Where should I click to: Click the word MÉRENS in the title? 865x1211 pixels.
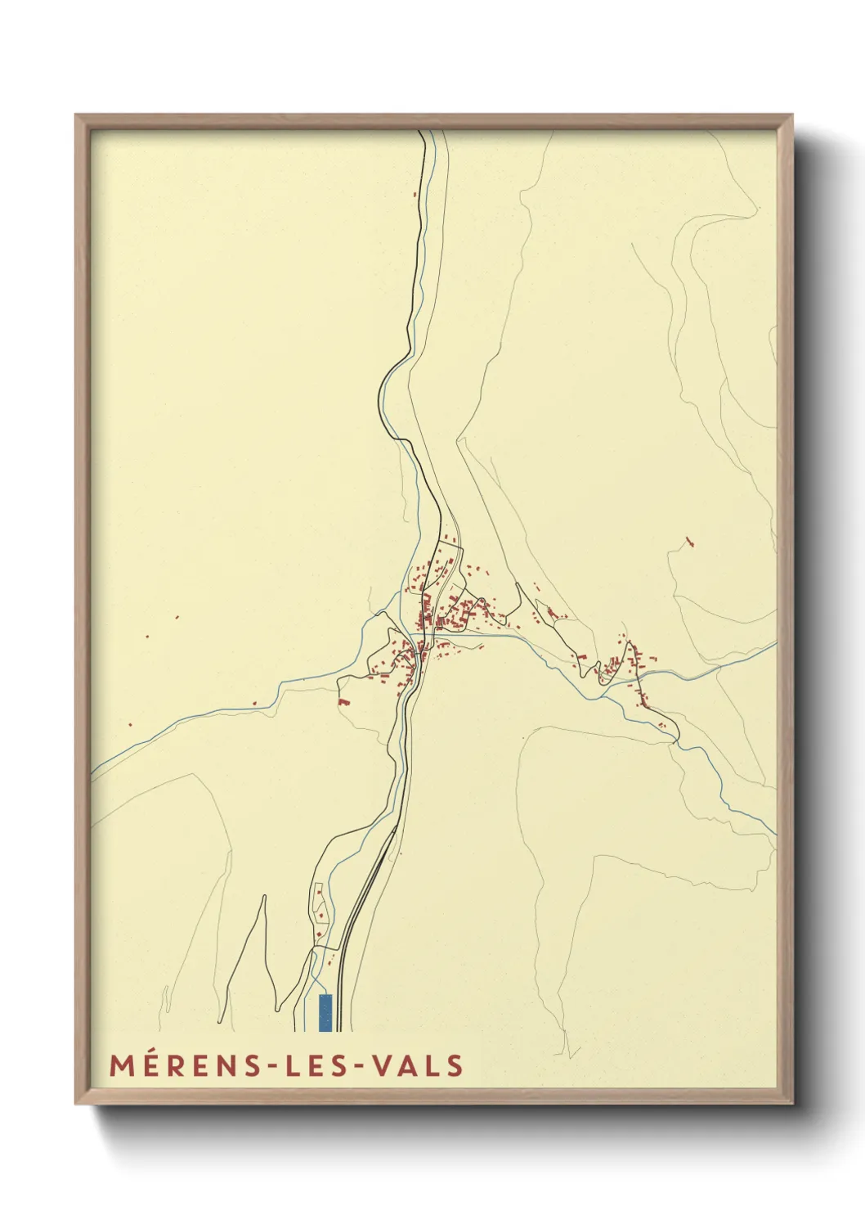(x=184, y=1065)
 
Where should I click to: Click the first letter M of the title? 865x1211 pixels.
(x=121, y=1065)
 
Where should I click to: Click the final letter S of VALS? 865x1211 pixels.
(x=455, y=1065)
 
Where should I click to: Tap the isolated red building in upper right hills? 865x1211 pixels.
(x=689, y=541)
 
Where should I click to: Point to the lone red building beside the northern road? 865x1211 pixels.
(x=415, y=195)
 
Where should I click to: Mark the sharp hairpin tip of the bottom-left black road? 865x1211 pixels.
(x=264, y=896)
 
